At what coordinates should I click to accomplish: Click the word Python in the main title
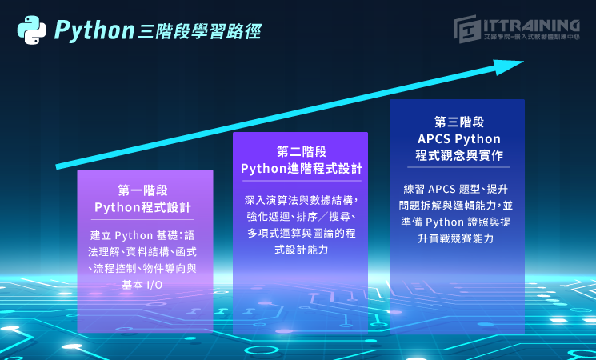click(94, 31)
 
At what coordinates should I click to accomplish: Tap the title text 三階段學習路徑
click(198, 31)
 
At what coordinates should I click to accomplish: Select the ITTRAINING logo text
click(531, 26)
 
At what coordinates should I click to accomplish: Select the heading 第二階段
click(302, 151)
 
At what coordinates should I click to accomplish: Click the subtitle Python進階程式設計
click(302, 169)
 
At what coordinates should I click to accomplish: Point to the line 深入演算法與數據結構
click(302, 199)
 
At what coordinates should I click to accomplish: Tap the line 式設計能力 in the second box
click(302, 250)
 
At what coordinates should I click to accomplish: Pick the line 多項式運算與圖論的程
click(302, 234)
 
